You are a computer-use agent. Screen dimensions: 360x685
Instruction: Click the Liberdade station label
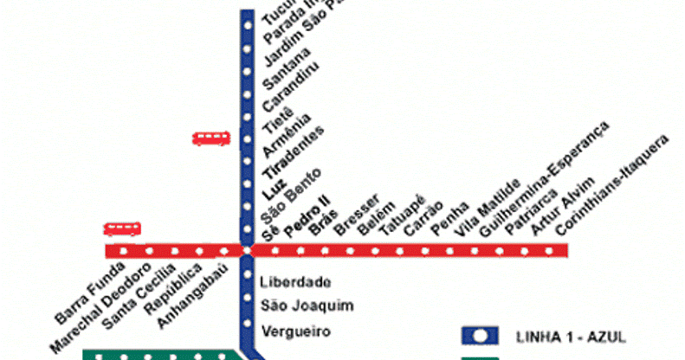[x=295, y=282]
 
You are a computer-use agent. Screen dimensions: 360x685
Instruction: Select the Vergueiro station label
[x=295, y=330]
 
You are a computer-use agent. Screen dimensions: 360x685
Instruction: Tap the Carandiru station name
[x=288, y=91]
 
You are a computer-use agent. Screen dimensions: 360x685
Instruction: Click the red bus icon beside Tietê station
[x=211, y=138]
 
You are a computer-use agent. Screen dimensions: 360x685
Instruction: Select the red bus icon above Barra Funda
[x=122, y=229]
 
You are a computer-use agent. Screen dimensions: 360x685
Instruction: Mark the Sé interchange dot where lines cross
[x=247, y=251]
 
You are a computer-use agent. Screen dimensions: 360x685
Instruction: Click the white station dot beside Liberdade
[x=247, y=282]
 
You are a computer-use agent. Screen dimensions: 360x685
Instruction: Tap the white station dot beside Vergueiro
[x=247, y=330]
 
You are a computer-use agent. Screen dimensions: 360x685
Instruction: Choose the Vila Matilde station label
[x=491, y=207]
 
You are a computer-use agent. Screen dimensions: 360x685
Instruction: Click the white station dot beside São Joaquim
[x=247, y=305]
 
